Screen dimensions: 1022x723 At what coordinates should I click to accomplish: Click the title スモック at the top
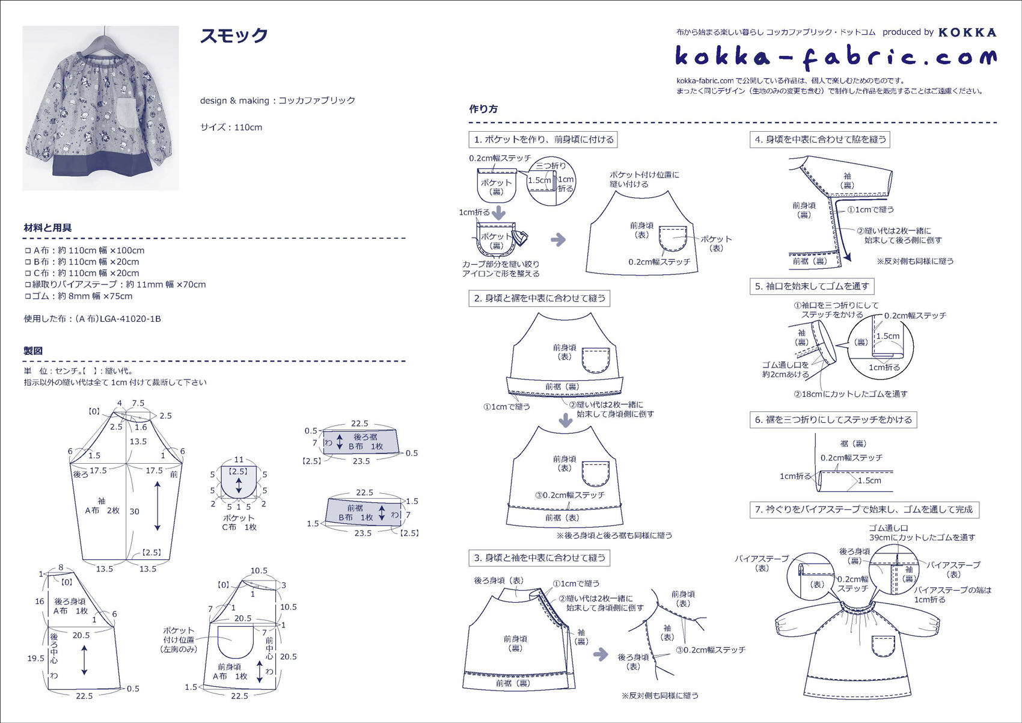(x=234, y=35)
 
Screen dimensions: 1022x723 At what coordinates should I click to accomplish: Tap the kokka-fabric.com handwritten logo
(x=836, y=57)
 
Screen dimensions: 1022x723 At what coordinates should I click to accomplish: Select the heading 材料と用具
(x=47, y=228)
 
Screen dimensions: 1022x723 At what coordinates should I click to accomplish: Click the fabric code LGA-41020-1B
(x=130, y=319)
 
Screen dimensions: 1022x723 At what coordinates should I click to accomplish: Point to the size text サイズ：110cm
(x=231, y=128)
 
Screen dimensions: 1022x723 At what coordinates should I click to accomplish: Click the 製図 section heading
(x=33, y=351)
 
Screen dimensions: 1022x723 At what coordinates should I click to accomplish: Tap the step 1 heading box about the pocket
(x=543, y=140)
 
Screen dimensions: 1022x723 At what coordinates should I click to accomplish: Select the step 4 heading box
(x=820, y=140)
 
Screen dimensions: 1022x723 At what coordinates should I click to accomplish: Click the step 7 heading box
(x=864, y=509)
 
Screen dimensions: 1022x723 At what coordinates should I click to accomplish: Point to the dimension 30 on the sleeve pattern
(x=134, y=512)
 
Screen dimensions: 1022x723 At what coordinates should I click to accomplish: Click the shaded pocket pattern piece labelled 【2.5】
(x=239, y=481)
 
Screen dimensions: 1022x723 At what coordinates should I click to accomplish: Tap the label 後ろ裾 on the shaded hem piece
(x=365, y=437)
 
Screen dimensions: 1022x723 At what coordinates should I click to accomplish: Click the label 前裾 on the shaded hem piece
(x=355, y=508)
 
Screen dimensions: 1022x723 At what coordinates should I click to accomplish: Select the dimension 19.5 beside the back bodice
(x=35, y=658)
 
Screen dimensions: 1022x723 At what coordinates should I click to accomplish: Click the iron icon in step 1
(x=520, y=238)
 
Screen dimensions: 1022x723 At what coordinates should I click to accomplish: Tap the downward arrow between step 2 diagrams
(x=566, y=420)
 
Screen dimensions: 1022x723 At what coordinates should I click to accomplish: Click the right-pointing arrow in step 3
(x=601, y=654)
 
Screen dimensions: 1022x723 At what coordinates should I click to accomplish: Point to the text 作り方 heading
(x=483, y=109)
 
